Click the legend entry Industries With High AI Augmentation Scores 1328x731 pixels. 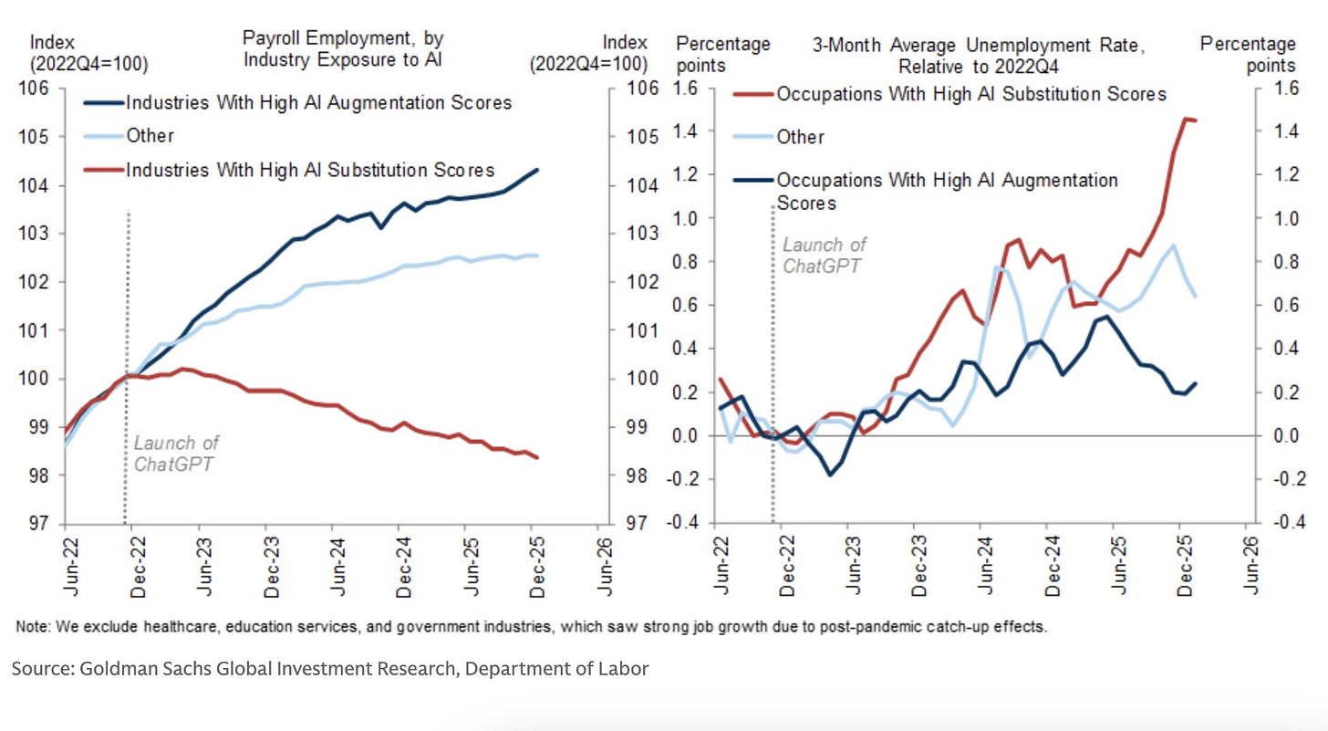click(x=318, y=102)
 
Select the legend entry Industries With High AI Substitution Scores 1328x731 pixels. click(x=310, y=170)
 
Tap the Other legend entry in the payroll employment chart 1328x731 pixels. click(x=150, y=136)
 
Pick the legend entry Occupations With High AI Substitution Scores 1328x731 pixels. click(x=970, y=94)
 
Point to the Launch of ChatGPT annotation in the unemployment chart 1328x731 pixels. click(x=825, y=255)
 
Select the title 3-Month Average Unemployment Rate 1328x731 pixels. click(x=978, y=45)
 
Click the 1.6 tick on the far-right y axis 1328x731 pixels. click(x=1277, y=89)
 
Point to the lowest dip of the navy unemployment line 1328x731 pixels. click(x=830, y=475)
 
